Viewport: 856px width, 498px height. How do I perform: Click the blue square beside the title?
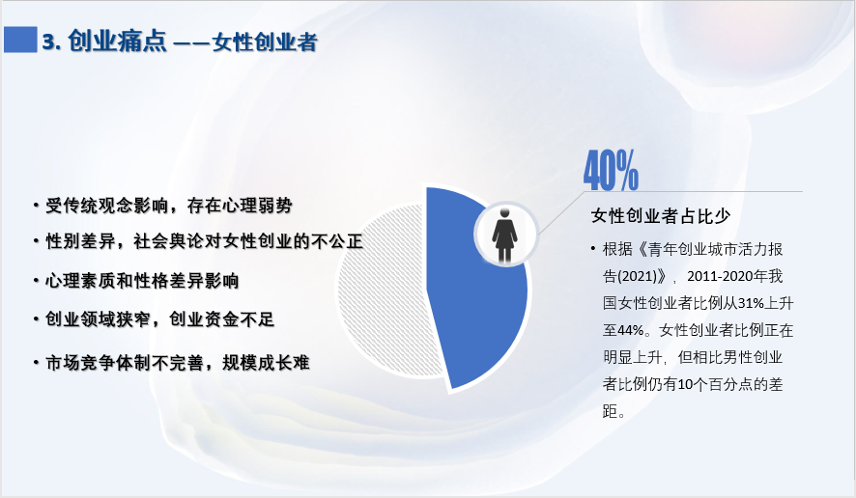click(20, 40)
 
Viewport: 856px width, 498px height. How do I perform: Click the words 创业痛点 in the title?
click(117, 41)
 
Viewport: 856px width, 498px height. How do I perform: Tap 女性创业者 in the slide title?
click(265, 42)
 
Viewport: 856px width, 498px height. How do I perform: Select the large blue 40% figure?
click(611, 170)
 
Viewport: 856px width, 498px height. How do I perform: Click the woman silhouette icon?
click(504, 235)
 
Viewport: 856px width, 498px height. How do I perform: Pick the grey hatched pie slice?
click(383, 290)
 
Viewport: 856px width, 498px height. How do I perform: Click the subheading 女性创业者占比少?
click(661, 216)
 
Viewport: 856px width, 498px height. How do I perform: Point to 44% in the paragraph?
click(631, 330)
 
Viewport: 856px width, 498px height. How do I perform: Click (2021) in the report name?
click(637, 277)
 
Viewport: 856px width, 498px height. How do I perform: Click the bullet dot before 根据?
click(593, 249)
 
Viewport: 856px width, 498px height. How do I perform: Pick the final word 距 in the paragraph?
click(611, 411)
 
